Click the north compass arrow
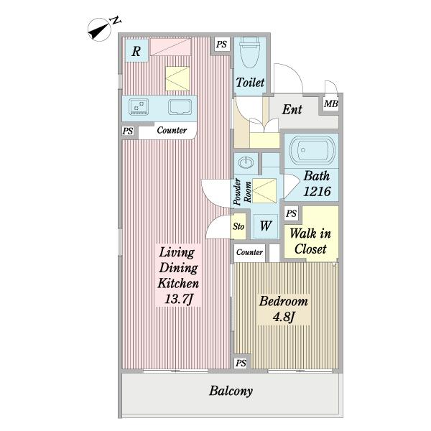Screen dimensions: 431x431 [x=99, y=30]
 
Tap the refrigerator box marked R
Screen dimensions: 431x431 [x=136, y=50]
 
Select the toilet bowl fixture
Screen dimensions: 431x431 [x=249, y=53]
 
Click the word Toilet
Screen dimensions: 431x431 [x=250, y=83]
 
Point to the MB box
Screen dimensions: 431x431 [x=330, y=103]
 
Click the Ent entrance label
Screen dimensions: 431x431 [x=292, y=109]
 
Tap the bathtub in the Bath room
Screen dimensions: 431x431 [x=312, y=150]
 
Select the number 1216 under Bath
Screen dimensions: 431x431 [x=317, y=191]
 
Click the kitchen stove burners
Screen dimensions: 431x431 [x=139, y=107]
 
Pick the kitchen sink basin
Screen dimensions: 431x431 [x=180, y=107]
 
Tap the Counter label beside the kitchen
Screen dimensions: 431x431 [x=172, y=130]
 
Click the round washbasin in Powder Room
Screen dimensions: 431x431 [x=246, y=162]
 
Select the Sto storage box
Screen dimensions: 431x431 [x=238, y=226]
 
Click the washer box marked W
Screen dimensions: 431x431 [x=266, y=226]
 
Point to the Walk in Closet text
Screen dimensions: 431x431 [x=310, y=241]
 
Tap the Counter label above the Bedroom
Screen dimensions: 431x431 [x=249, y=252]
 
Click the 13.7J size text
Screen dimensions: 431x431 [x=179, y=299]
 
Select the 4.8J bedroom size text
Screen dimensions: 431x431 [x=284, y=317]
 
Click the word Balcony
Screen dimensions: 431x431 [x=231, y=391]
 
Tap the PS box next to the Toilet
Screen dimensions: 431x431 [x=221, y=45]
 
